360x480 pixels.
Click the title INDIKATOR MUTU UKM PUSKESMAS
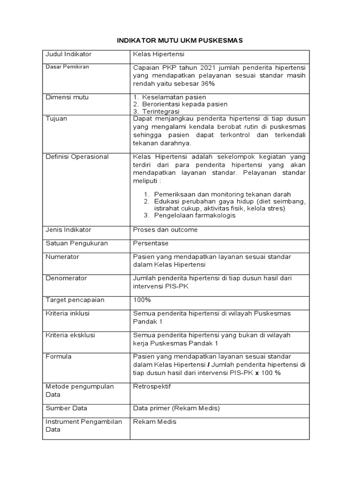pos(180,41)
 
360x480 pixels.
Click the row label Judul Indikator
pos(68,55)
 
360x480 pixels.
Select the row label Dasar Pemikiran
pos(67,67)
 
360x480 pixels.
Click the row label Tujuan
pos(56,119)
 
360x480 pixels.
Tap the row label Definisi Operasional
pos(77,157)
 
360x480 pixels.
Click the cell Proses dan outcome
pos(165,230)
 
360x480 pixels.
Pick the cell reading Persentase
pos(150,243)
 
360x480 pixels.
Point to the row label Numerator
pos(62,257)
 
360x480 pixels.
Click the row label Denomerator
pos(66,278)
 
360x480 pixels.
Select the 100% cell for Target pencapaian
pos(142,300)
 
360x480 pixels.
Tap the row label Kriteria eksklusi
pos(67,335)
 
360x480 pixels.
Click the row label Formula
pos(59,357)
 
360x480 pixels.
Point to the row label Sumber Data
pos(66,408)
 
